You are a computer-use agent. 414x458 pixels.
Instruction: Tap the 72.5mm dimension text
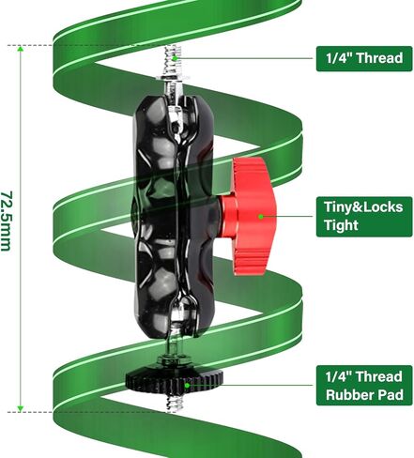[7, 221]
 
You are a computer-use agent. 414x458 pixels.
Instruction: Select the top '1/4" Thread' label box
[364, 59]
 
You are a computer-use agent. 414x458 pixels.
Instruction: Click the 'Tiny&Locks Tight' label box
[364, 217]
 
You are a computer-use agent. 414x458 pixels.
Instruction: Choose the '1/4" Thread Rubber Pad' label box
[364, 386]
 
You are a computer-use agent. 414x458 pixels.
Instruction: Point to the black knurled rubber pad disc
[175, 379]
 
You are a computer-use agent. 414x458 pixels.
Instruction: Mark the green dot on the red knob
[260, 216]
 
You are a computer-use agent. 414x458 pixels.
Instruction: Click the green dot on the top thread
[176, 58]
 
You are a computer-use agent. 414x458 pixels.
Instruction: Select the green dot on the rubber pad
[187, 386]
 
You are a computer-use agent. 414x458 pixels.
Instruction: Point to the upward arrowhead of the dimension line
[21, 49]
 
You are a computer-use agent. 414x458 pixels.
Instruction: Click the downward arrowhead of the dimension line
[21, 409]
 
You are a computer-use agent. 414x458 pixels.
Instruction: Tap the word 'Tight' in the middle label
[341, 225]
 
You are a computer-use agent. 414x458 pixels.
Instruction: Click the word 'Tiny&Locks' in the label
[363, 207]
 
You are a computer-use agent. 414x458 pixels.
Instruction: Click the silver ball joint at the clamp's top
[175, 120]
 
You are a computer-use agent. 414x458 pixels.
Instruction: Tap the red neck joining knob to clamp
[228, 217]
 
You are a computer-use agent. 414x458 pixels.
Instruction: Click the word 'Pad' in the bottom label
[391, 394]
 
